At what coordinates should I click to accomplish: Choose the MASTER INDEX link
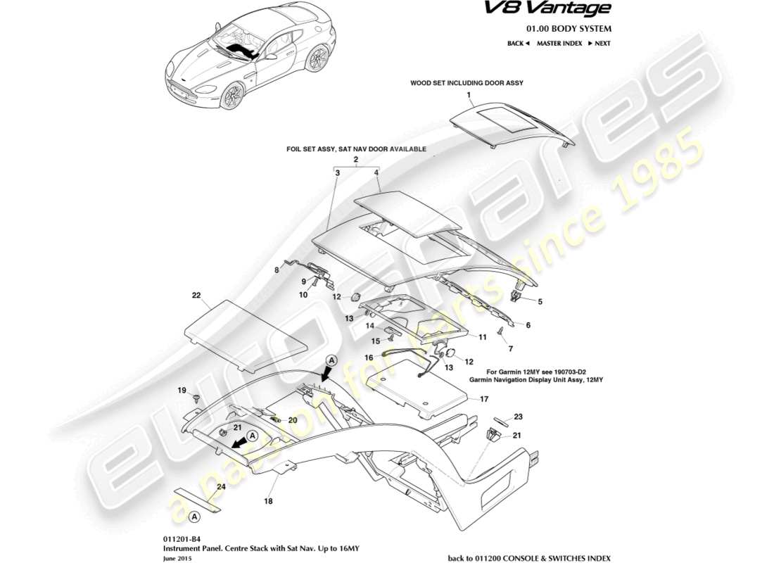pyautogui.click(x=559, y=44)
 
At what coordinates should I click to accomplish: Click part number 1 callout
pyautogui.click(x=467, y=94)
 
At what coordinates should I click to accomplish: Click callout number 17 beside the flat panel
pyautogui.click(x=483, y=399)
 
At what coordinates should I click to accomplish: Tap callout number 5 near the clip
pyautogui.click(x=540, y=302)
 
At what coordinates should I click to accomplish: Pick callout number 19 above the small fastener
pyautogui.click(x=181, y=390)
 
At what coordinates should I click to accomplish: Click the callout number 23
pyautogui.click(x=518, y=416)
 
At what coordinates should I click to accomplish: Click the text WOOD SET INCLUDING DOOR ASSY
pyautogui.click(x=467, y=83)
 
